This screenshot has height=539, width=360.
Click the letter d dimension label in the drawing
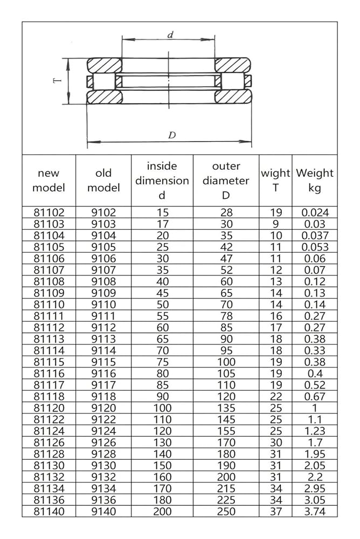170,35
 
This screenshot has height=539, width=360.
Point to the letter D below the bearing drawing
171,135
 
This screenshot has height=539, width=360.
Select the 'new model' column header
49,181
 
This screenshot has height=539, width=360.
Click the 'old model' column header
103,181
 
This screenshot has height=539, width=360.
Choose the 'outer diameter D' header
226,181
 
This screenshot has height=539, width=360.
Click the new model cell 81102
49,212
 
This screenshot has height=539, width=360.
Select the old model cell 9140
103,512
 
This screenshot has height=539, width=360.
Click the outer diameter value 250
226,512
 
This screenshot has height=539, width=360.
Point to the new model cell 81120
49,408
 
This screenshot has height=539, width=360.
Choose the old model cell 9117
103,385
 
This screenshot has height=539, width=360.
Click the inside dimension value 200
162,512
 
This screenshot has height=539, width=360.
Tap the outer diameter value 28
226,212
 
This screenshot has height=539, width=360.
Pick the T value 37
275,512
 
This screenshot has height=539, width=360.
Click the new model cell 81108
49,281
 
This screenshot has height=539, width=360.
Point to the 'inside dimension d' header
162,181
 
